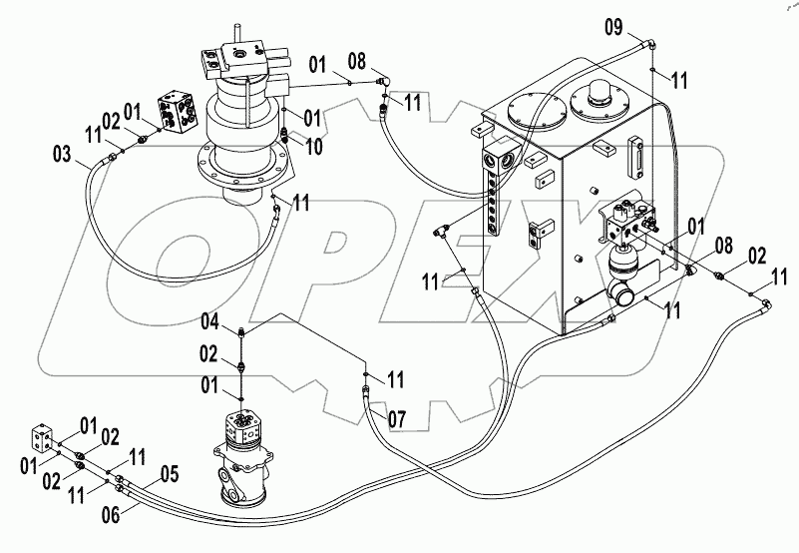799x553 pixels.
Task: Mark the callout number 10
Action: tap(314, 148)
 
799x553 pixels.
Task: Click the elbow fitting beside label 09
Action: tap(649, 43)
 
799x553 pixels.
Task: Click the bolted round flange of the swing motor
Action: tap(239, 166)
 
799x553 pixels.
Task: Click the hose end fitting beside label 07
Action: tap(366, 396)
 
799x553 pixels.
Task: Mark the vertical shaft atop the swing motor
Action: tap(237, 36)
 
